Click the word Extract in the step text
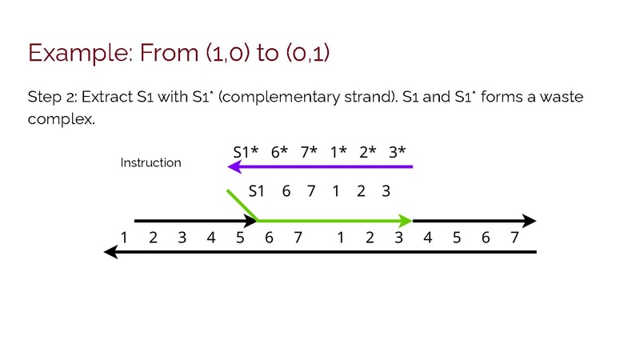107,97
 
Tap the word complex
62,119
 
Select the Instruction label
150,162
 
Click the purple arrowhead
234,166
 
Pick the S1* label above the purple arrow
246,152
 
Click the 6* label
279,152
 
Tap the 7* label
309,152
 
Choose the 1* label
338,152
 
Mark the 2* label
367,152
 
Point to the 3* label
397,152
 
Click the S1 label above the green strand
256,190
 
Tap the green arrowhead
406,221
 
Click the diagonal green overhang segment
242,206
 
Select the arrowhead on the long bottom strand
111,252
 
